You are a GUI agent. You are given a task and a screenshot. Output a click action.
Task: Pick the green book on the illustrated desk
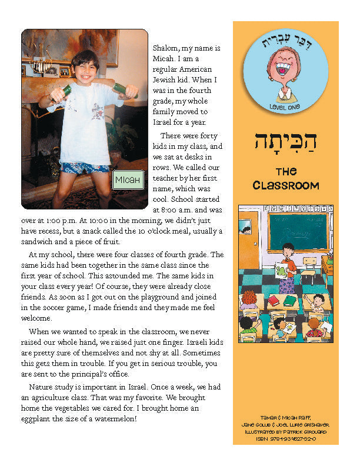pyautogui.click(x=290, y=300)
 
